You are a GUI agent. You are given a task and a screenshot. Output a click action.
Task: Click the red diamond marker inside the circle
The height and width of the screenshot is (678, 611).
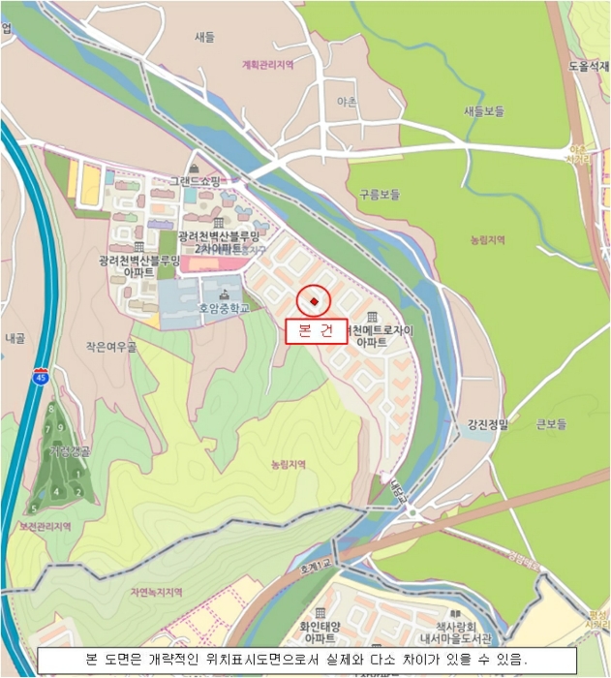click(314, 301)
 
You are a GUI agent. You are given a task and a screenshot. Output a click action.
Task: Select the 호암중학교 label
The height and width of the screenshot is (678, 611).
click(224, 309)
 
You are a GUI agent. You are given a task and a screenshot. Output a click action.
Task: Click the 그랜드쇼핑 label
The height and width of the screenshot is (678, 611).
click(196, 180)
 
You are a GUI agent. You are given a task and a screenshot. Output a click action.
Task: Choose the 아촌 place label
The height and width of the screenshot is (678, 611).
click(346, 101)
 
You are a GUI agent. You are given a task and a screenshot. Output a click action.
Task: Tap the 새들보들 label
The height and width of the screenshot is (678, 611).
click(484, 111)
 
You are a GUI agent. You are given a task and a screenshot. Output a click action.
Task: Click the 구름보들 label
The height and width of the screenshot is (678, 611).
click(379, 194)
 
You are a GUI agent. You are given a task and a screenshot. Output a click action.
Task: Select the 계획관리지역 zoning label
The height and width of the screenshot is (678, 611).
click(266, 65)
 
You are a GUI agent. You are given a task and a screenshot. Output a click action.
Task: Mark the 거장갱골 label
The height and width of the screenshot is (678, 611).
click(69, 451)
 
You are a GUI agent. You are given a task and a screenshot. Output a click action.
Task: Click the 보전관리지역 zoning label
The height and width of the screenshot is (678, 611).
click(46, 526)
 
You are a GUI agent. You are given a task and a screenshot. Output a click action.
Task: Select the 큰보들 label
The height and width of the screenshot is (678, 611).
click(550, 423)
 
